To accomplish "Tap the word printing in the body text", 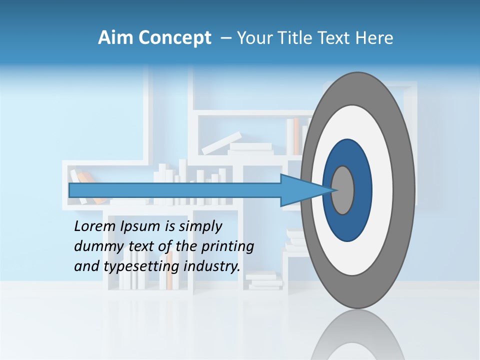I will point(227,246).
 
